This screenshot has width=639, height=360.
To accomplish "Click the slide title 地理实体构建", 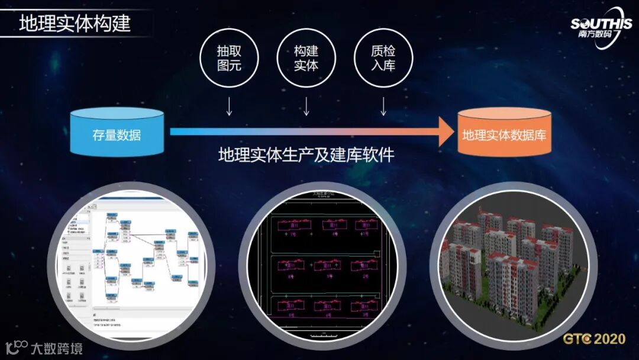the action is (75, 23).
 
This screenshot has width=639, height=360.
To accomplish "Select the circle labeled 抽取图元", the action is (230, 58).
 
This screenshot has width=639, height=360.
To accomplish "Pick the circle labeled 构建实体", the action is (306, 58).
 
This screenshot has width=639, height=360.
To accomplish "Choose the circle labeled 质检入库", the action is (383, 58).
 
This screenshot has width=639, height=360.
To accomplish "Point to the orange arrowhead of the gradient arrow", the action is (447, 131).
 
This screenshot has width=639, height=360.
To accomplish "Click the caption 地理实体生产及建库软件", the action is (306, 156).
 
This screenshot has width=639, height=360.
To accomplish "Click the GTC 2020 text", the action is (593, 339).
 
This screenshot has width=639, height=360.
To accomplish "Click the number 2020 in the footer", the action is (609, 339).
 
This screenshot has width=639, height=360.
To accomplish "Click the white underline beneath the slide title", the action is (77, 37).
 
